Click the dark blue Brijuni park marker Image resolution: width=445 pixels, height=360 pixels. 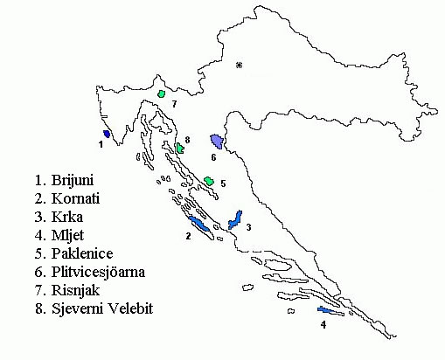107,134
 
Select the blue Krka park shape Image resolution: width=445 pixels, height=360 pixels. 234,220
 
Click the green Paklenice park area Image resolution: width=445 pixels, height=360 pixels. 209,181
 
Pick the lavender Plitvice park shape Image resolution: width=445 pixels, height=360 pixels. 217,142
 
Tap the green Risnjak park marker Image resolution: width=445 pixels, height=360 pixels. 162,93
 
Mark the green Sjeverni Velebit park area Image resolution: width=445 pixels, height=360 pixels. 180,148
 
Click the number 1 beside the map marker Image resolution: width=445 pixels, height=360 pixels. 101,145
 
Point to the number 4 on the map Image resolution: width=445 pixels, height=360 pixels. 323,325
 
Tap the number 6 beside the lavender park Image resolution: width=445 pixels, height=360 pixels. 212,158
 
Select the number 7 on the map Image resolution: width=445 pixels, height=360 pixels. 174,104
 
